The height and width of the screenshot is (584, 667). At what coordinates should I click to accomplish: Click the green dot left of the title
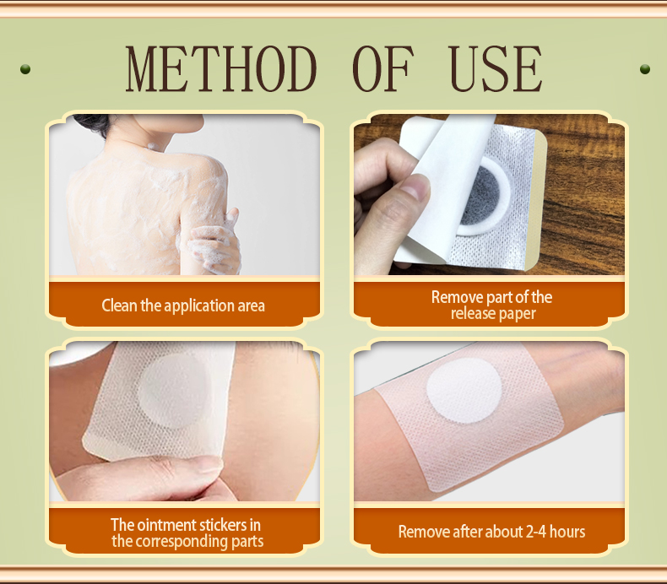25,68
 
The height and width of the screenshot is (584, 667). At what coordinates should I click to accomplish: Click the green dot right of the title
645,68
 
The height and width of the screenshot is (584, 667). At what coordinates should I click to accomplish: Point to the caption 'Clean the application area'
183,306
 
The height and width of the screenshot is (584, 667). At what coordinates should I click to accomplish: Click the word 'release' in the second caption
474,314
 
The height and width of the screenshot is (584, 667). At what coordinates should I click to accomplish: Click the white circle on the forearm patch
464,392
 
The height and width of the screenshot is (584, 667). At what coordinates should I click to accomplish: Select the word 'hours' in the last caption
566,532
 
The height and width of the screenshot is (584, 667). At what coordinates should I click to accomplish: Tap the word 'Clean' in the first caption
119,306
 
